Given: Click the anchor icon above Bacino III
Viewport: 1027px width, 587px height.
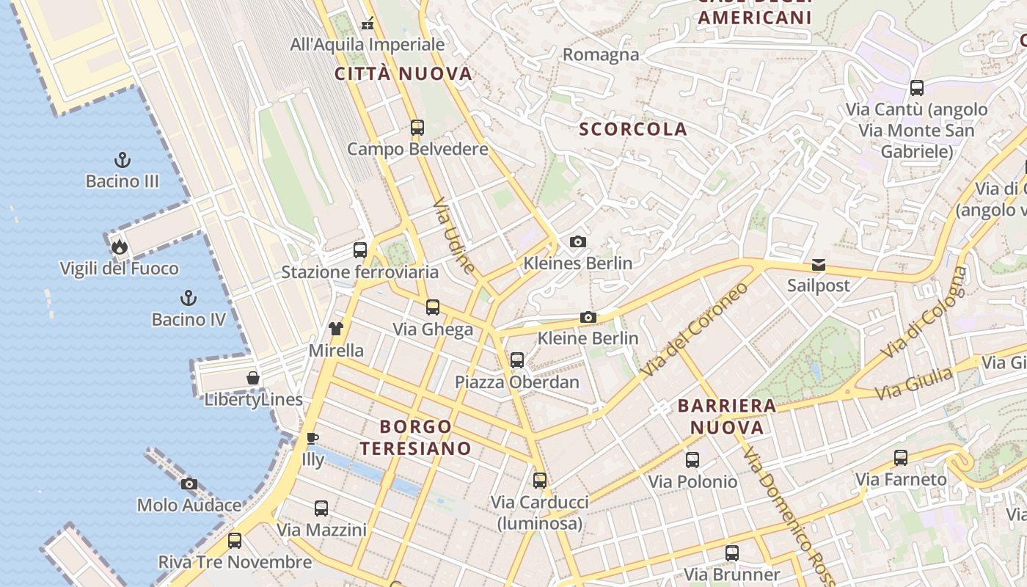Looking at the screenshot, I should point(123,160).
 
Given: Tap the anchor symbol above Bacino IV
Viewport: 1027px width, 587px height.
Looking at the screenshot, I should point(189,298).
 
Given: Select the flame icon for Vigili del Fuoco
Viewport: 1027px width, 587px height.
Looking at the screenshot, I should point(120,247).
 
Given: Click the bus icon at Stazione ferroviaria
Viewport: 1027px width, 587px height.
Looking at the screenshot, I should point(359,250).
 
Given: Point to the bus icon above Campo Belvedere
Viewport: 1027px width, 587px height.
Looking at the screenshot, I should point(417,128).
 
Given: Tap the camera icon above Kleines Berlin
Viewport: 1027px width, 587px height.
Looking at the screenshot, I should point(578,241).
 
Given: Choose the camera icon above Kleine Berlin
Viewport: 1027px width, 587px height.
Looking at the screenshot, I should point(588,317).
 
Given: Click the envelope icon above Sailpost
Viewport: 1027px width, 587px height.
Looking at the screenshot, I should point(818,265).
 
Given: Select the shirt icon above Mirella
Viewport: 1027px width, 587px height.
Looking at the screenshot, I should point(336,329).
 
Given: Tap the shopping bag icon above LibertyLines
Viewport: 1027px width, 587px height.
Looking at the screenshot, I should point(253,378).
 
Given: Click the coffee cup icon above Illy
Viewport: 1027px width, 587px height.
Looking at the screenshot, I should point(313,439).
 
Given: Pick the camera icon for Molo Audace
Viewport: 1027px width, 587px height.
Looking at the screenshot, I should point(189,484).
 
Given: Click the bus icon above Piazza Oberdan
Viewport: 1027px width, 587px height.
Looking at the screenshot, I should point(517,360).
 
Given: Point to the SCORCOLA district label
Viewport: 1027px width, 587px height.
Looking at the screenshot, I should point(633,129).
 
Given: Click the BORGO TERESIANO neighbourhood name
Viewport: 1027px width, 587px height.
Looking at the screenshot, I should point(415,437).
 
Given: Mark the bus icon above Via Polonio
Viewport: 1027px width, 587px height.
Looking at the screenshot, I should point(692,460).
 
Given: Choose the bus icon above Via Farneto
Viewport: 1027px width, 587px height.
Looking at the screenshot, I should point(900,458).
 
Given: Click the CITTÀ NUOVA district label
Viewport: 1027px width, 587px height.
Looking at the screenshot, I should point(403,73).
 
